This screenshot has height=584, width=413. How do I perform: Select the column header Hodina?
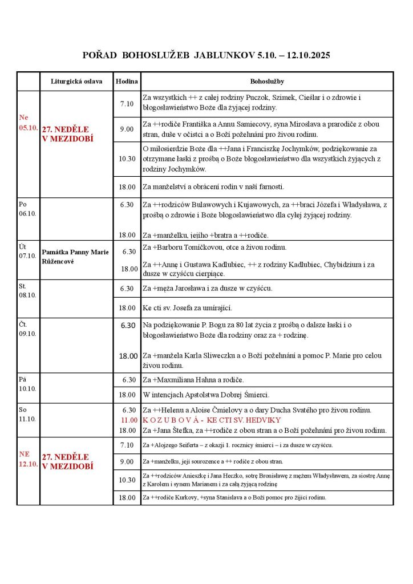[127, 82]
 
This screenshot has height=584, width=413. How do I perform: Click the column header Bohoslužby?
[267, 82]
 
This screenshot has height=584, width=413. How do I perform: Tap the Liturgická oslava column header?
[76, 82]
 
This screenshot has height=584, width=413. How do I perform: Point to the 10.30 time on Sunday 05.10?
[127, 159]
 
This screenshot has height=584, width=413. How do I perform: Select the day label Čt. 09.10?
[27, 329]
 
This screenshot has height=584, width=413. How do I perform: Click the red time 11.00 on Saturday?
[129, 420]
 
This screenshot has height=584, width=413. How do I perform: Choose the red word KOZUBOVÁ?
[169, 420]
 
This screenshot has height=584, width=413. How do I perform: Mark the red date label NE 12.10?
[28, 459]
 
